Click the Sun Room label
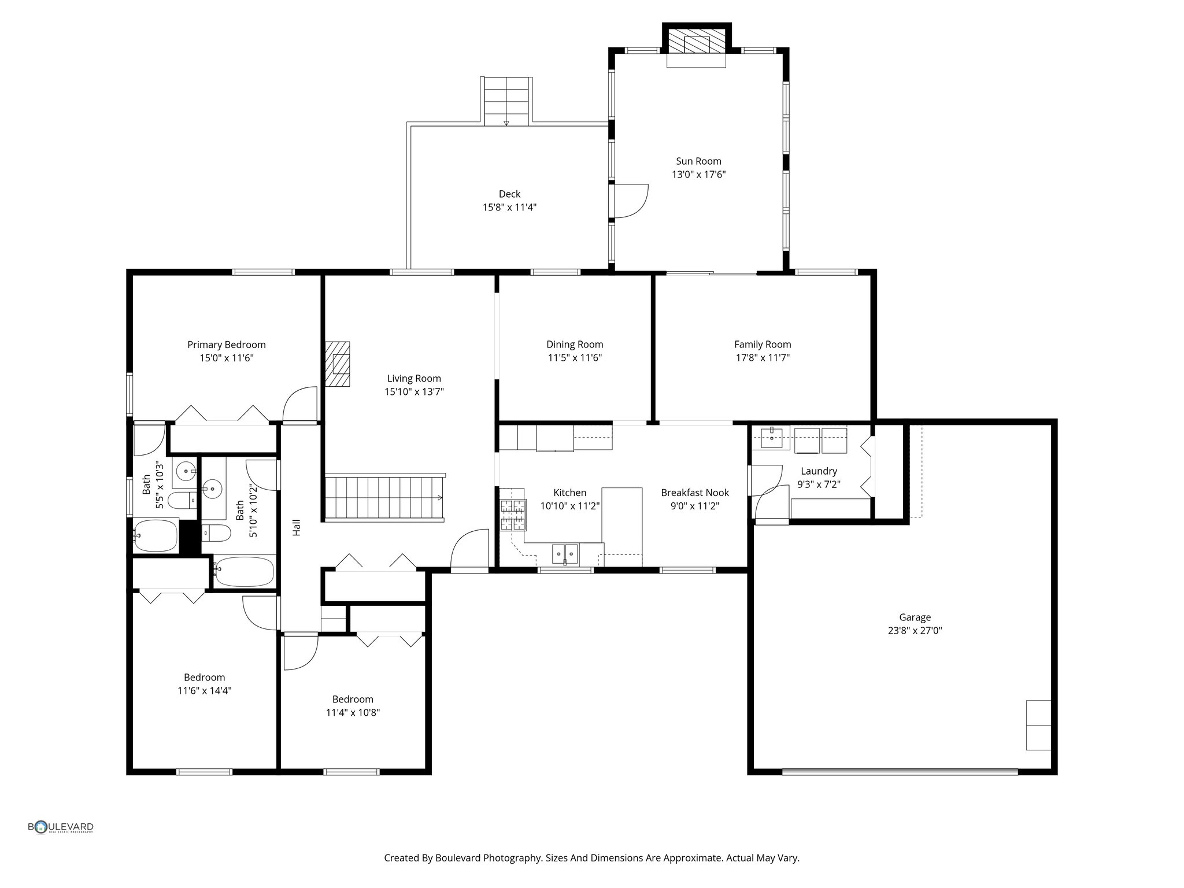click(x=698, y=161)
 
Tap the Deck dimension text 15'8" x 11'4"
click(x=509, y=207)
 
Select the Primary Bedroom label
click(x=227, y=345)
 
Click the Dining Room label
click(x=575, y=345)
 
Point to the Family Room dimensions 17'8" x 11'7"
click(x=763, y=357)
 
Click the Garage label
click(x=915, y=617)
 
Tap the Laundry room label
click(x=819, y=471)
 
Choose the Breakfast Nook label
click(x=695, y=493)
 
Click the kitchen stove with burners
click(x=513, y=515)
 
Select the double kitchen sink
click(x=564, y=554)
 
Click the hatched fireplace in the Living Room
click(x=338, y=364)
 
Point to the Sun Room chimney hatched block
click(x=697, y=40)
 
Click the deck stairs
click(x=506, y=101)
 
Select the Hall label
click(x=297, y=527)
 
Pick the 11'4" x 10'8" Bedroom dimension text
click(x=353, y=713)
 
